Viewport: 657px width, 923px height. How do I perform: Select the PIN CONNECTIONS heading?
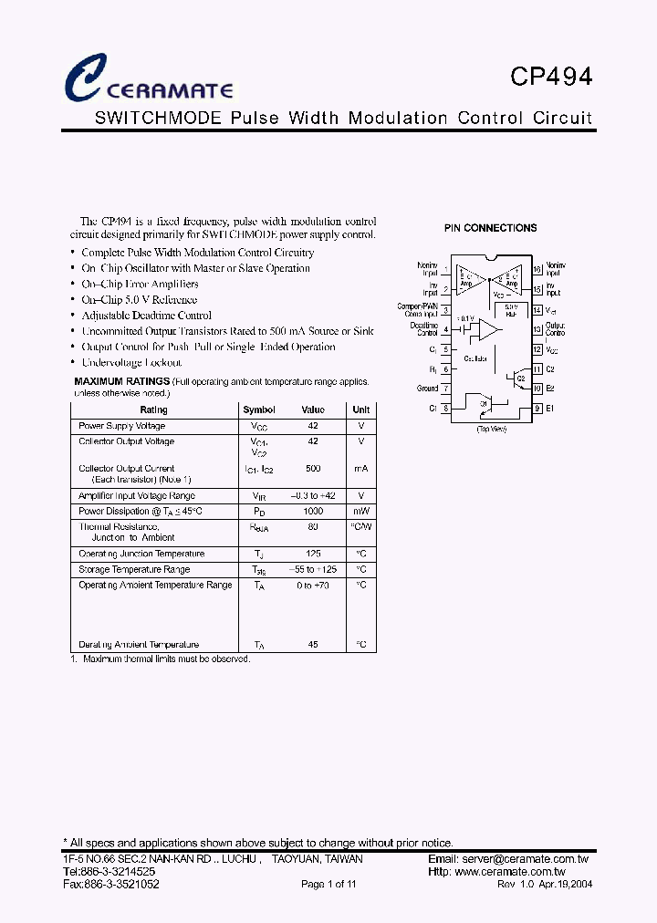(490, 228)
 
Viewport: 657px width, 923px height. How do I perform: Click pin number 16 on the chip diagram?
(537, 269)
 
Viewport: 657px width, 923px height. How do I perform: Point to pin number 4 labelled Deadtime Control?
(445, 329)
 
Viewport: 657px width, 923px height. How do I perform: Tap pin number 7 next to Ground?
(445, 389)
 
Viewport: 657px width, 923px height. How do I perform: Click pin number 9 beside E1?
(537, 408)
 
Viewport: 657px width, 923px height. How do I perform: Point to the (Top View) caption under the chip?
(491, 429)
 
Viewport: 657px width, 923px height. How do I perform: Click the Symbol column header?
(259, 410)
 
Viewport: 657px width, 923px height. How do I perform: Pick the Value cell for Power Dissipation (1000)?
(313, 512)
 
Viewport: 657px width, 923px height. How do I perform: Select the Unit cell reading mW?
(361, 512)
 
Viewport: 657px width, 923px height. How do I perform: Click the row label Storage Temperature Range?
(134, 569)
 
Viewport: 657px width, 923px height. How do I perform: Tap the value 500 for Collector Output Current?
(313, 468)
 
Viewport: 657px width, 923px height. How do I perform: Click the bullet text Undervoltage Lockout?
(131, 362)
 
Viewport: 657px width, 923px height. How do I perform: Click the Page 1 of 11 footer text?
(328, 885)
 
